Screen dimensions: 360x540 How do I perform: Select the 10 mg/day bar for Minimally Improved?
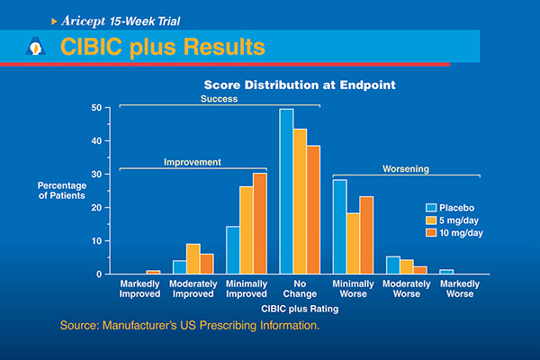click(x=259, y=223)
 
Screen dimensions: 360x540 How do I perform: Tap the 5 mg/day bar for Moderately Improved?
click(x=193, y=258)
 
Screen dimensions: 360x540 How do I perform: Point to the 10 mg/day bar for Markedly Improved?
click(x=153, y=272)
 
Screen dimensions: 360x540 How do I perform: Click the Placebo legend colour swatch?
click(x=431, y=205)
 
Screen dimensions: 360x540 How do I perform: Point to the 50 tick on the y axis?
click(x=108, y=108)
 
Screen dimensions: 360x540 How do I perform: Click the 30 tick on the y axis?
click(x=108, y=174)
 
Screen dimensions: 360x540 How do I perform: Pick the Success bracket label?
click(x=219, y=99)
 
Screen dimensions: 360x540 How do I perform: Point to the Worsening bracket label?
click(x=406, y=168)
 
